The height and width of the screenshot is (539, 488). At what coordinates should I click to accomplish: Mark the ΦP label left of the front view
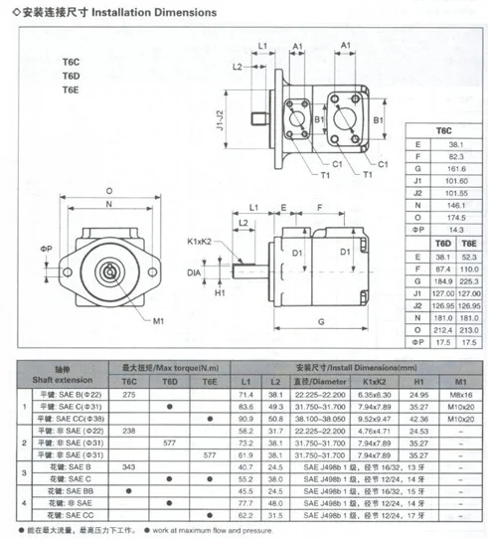click(46, 246)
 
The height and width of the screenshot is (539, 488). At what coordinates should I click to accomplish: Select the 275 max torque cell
click(129, 395)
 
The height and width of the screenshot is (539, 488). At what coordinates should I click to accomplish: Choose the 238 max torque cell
click(129, 430)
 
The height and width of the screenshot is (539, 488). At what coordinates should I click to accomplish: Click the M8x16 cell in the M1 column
click(458, 395)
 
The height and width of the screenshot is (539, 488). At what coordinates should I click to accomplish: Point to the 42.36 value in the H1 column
click(418, 419)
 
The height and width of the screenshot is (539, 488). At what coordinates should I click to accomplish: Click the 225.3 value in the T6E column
click(472, 279)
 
